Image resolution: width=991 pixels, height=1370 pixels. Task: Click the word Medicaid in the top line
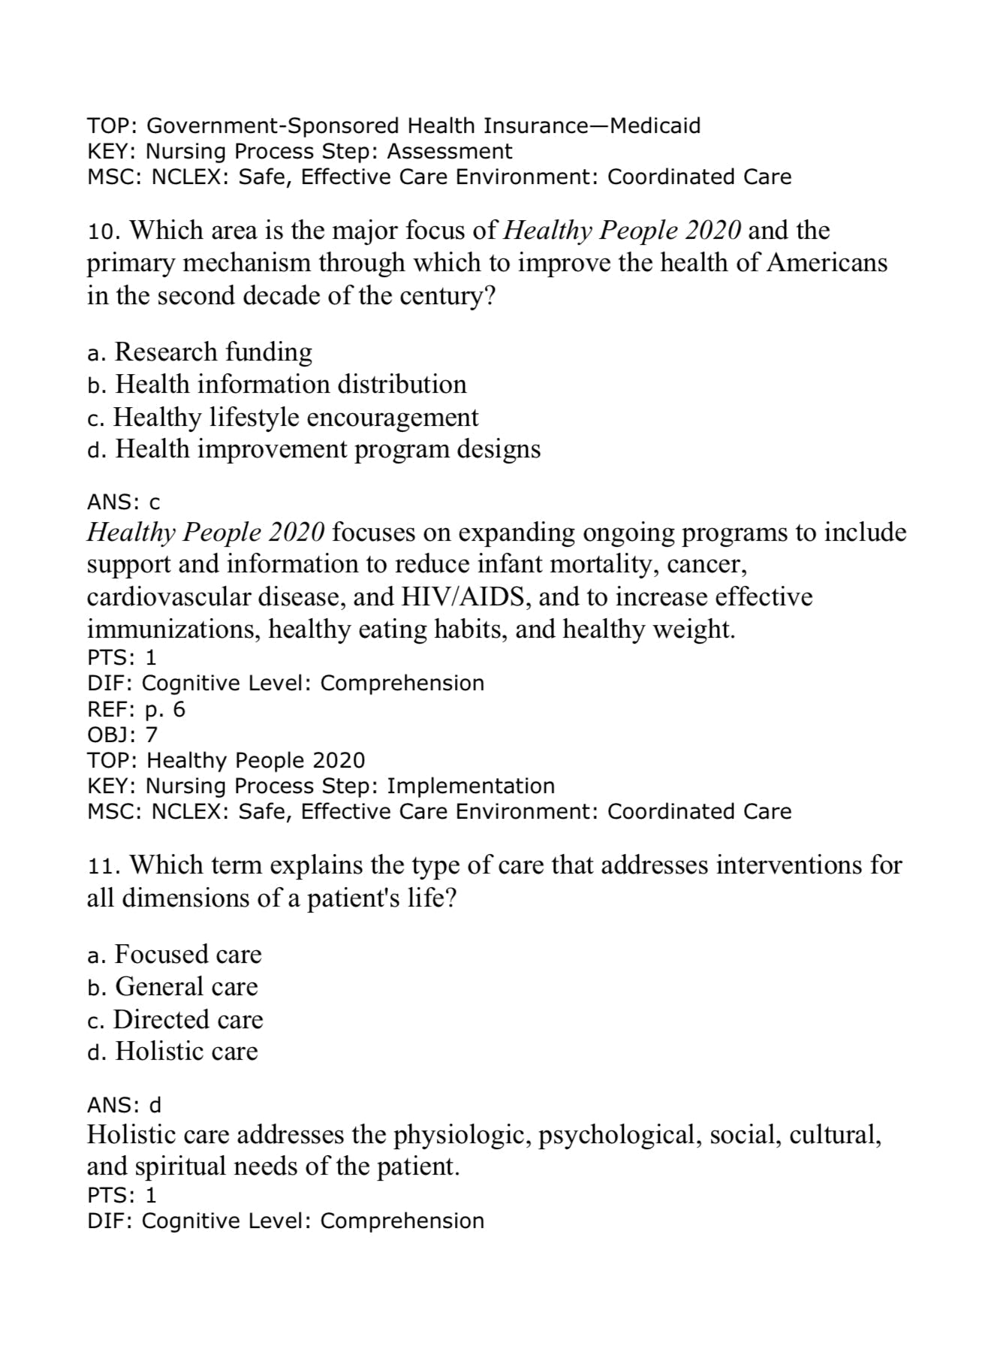655,125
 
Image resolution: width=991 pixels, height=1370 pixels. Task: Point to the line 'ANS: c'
124,502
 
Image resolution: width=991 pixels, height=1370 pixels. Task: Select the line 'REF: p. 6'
136,709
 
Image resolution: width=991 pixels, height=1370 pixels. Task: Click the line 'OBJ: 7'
122,735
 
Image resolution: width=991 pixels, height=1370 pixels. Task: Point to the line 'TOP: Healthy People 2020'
226,760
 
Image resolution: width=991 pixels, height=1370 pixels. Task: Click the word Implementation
471,786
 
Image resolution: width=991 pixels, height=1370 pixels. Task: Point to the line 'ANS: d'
125,1105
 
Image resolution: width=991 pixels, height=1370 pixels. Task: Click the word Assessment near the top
450,151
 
